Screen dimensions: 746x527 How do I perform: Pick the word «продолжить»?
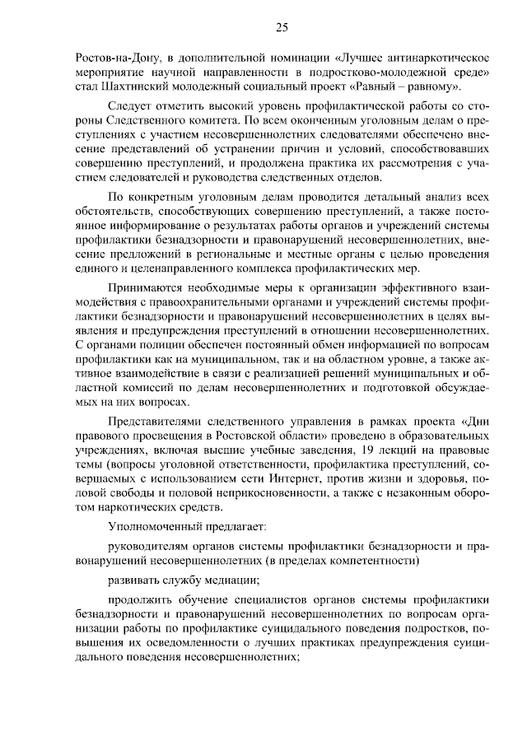[138, 600]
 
